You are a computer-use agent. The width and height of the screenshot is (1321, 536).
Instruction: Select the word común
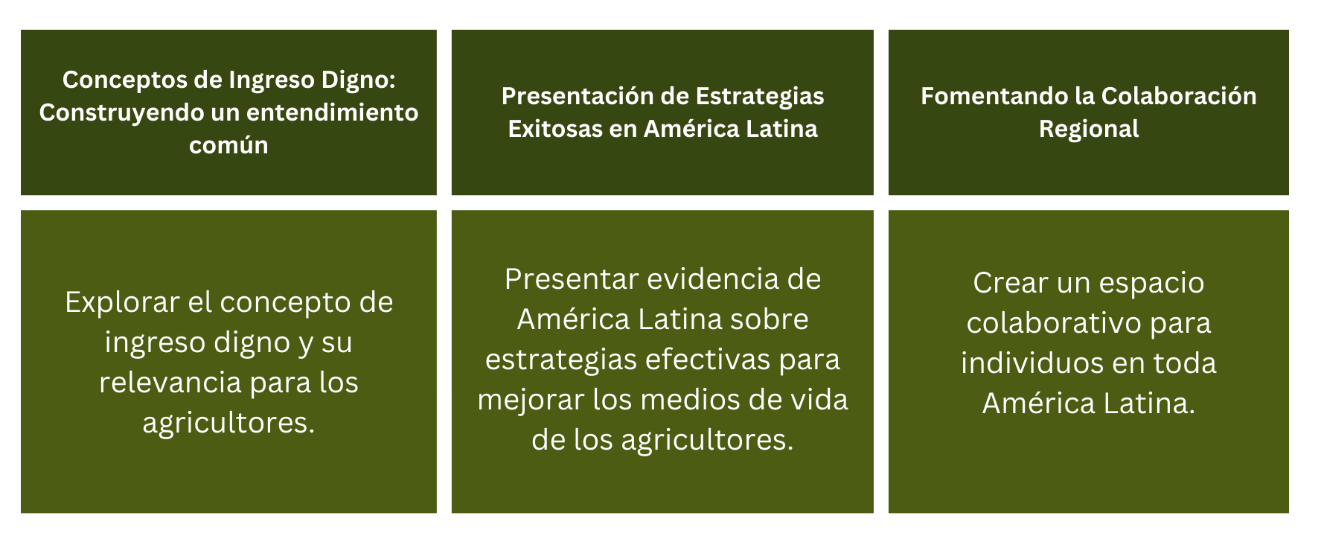pyautogui.click(x=228, y=145)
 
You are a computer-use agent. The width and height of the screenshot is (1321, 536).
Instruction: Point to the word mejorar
pyautogui.click(x=531, y=401)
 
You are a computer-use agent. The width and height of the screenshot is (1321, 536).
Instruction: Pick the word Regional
pyautogui.click(x=1089, y=129)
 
